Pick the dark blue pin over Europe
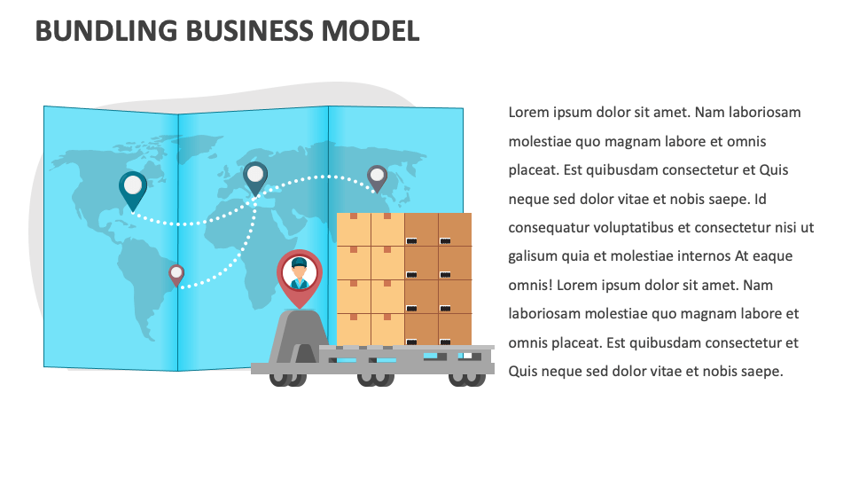tap(255, 176)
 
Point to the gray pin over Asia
tap(377, 177)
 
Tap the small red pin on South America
tap(176, 274)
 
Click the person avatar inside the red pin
tap(300, 272)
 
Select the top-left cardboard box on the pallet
tap(354, 229)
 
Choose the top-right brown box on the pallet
tap(455, 229)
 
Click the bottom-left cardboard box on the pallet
tap(354, 329)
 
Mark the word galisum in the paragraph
tap(534, 256)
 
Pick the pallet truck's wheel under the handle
tap(283, 378)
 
